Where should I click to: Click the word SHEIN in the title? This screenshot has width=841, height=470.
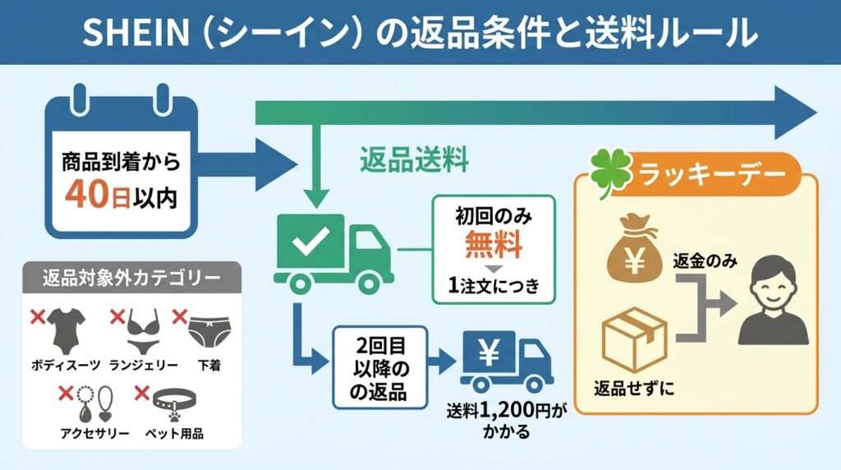[x=136, y=32]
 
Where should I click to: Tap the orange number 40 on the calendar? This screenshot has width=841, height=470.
[x=87, y=194]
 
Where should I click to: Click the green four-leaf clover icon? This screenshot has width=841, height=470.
[x=611, y=173]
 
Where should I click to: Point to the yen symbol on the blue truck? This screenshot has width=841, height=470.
[x=488, y=353]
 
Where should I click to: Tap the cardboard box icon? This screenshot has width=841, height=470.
[x=635, y=340]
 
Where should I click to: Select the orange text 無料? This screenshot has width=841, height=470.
[x=494, y=244]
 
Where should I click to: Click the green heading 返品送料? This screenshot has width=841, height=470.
[x=414, y=160]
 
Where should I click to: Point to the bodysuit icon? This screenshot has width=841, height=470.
[x=66, y=331]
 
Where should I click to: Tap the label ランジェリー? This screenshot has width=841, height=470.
[x=143, y=366]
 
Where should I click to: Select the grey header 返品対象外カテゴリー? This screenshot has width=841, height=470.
[x=131, y=278]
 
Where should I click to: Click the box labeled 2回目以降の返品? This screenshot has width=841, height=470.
[x=379, y=368]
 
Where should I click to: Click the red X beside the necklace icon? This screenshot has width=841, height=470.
[x=66, y=394]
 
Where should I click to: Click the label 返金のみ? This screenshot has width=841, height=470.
[x=705, y=261]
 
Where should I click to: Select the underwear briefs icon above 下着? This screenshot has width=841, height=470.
[x=209, y=332]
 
